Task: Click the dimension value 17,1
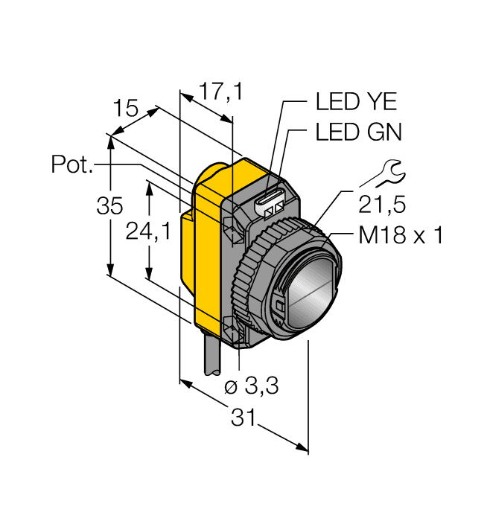coord(221,92)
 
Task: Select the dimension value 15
coord(126,109)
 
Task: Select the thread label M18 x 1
coord(401,236)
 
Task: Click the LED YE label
coord(357,103)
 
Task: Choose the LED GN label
coord(358,133)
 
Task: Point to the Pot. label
coord(73,164)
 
